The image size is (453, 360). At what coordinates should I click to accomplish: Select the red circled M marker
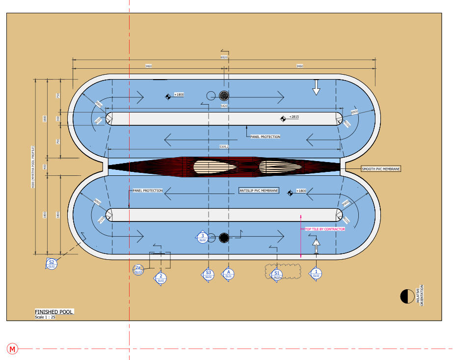pos(13,349)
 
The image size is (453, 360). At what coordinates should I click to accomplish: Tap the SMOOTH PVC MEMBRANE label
pos(381,168)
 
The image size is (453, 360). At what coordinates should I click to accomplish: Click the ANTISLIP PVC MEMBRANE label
pos(258,190)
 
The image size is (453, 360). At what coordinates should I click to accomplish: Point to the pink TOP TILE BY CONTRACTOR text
pos(325,229)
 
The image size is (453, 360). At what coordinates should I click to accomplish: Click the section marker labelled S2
pos(51,264)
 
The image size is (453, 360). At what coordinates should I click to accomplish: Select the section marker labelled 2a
pos(138,269)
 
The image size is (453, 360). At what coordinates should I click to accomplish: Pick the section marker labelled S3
pos(209,274)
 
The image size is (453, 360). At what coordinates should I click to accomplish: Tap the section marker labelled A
pos(228,274)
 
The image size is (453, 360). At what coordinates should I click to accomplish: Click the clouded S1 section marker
pos(277,274)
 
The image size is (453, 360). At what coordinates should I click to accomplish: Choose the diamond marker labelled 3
pos(202,237)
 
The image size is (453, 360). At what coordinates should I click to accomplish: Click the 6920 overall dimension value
pos(224,57)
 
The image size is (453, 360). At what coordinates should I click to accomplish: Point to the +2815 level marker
pos(293,117)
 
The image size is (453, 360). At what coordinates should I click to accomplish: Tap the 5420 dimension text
pos(224,106)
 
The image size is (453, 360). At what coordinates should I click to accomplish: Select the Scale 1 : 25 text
pos(46,317)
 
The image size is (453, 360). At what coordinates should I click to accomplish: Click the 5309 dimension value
pos(224,146)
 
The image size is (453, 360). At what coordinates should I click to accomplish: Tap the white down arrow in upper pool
pos(316,87)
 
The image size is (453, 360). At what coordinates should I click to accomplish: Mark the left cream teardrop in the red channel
pos(215,167)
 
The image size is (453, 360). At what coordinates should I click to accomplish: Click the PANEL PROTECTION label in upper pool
pos(265,137)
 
